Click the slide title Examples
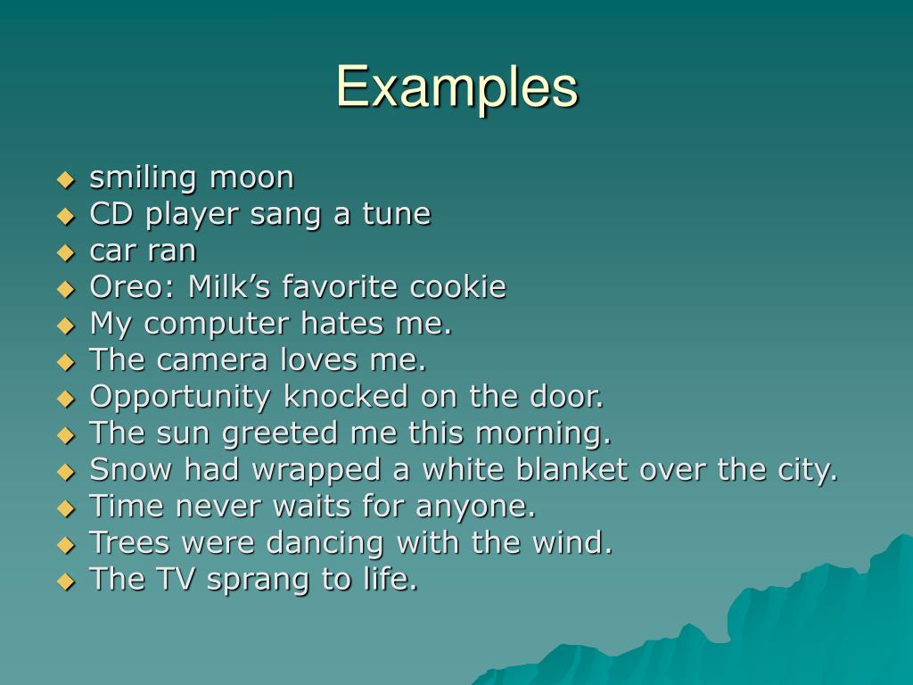[456, 87]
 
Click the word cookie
[457, 287]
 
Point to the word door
[568, 397]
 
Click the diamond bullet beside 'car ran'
[65, 252]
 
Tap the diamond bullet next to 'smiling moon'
[65, 179]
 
